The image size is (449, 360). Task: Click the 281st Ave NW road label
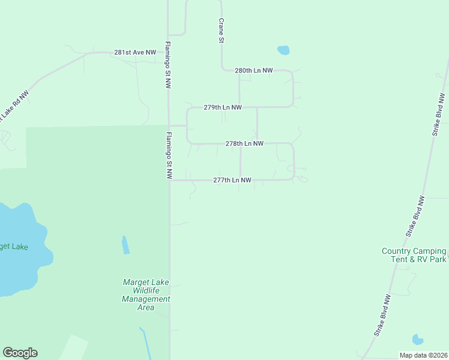(x=135, y=53)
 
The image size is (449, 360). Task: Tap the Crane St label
(x=221, y=30)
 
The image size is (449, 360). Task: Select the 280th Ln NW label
(x=253, y=71)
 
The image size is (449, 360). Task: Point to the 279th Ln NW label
(x=222, y=107)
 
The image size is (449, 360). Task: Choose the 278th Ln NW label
(x=244, y=144)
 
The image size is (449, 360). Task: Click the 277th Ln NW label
(x=232, y=180)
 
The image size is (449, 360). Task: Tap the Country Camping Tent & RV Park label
(x=414, y=255)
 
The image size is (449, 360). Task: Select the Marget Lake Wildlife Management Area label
(x=146, y=295)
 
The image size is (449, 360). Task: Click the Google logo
(x=20, y=353)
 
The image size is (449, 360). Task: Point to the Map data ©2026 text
(x=423, y=355)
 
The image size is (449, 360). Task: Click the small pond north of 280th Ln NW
(x=283, y=50)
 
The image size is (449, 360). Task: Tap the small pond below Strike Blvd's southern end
(x=418, y=340)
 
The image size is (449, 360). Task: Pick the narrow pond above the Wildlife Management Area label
(x=125, y=244)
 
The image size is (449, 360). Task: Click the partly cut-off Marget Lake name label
(x=14, y=247)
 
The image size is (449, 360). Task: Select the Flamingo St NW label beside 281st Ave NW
(x=168, y=65)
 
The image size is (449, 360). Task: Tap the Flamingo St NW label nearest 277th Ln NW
(x=169, y=155)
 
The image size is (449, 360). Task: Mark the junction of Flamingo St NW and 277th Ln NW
(x=169, y=180)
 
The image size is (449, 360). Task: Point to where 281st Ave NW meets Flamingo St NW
(x=168, y=53)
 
